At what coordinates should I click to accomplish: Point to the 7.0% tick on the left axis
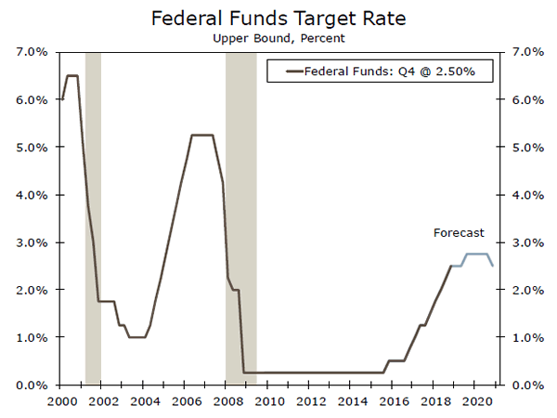coord(35,52)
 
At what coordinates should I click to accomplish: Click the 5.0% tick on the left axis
coord(35,148)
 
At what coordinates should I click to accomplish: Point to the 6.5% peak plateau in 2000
coord(71,76)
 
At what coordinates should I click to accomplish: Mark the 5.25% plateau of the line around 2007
coord(202,136)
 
